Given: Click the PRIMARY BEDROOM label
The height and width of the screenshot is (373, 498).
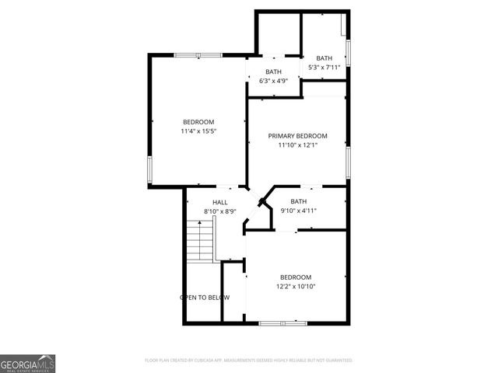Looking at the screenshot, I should point(298,136).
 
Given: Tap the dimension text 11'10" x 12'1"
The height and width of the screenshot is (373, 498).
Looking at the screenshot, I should point(298,145).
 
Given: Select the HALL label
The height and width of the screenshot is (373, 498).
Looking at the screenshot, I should point(220,202).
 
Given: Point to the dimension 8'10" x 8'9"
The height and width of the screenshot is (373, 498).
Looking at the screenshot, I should point(220,211).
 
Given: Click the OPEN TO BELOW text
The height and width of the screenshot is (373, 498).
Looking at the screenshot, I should point(205,298).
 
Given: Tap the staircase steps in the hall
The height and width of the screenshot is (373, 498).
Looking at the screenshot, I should point(200,241).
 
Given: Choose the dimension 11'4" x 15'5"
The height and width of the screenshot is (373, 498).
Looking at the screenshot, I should point(198,131).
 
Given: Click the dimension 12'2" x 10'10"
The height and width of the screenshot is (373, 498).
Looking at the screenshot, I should point(296,286).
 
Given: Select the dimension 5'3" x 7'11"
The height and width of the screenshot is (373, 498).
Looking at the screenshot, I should point(324,67).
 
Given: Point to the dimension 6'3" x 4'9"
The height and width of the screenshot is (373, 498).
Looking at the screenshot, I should point(273,81).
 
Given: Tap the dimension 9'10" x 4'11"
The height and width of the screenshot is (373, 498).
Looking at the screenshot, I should point(299,211).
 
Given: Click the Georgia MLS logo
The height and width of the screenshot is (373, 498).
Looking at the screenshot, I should point(27,363).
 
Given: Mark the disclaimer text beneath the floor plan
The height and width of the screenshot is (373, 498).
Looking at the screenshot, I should point(249,361).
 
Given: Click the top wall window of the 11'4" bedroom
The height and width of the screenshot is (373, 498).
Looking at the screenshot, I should point(198,54).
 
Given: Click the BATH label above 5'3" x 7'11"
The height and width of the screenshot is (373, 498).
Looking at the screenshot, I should point(324,58).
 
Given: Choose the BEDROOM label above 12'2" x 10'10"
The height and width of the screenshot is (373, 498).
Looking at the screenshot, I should point(296,277).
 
